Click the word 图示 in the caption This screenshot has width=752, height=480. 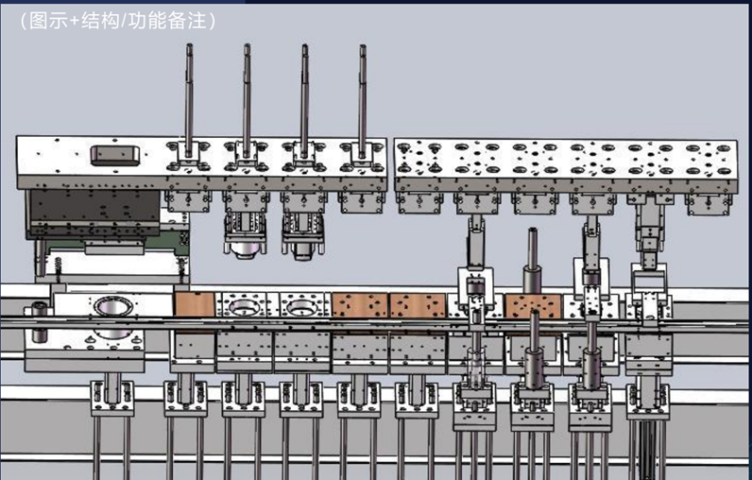[48, 21]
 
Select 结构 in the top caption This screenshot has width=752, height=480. [100, 21]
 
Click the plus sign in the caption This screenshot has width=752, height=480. [75, 22]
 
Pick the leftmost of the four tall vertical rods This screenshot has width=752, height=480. [189, 100]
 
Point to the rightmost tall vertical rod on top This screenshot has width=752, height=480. [363, 101]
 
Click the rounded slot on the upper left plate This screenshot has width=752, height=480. [115, 155]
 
